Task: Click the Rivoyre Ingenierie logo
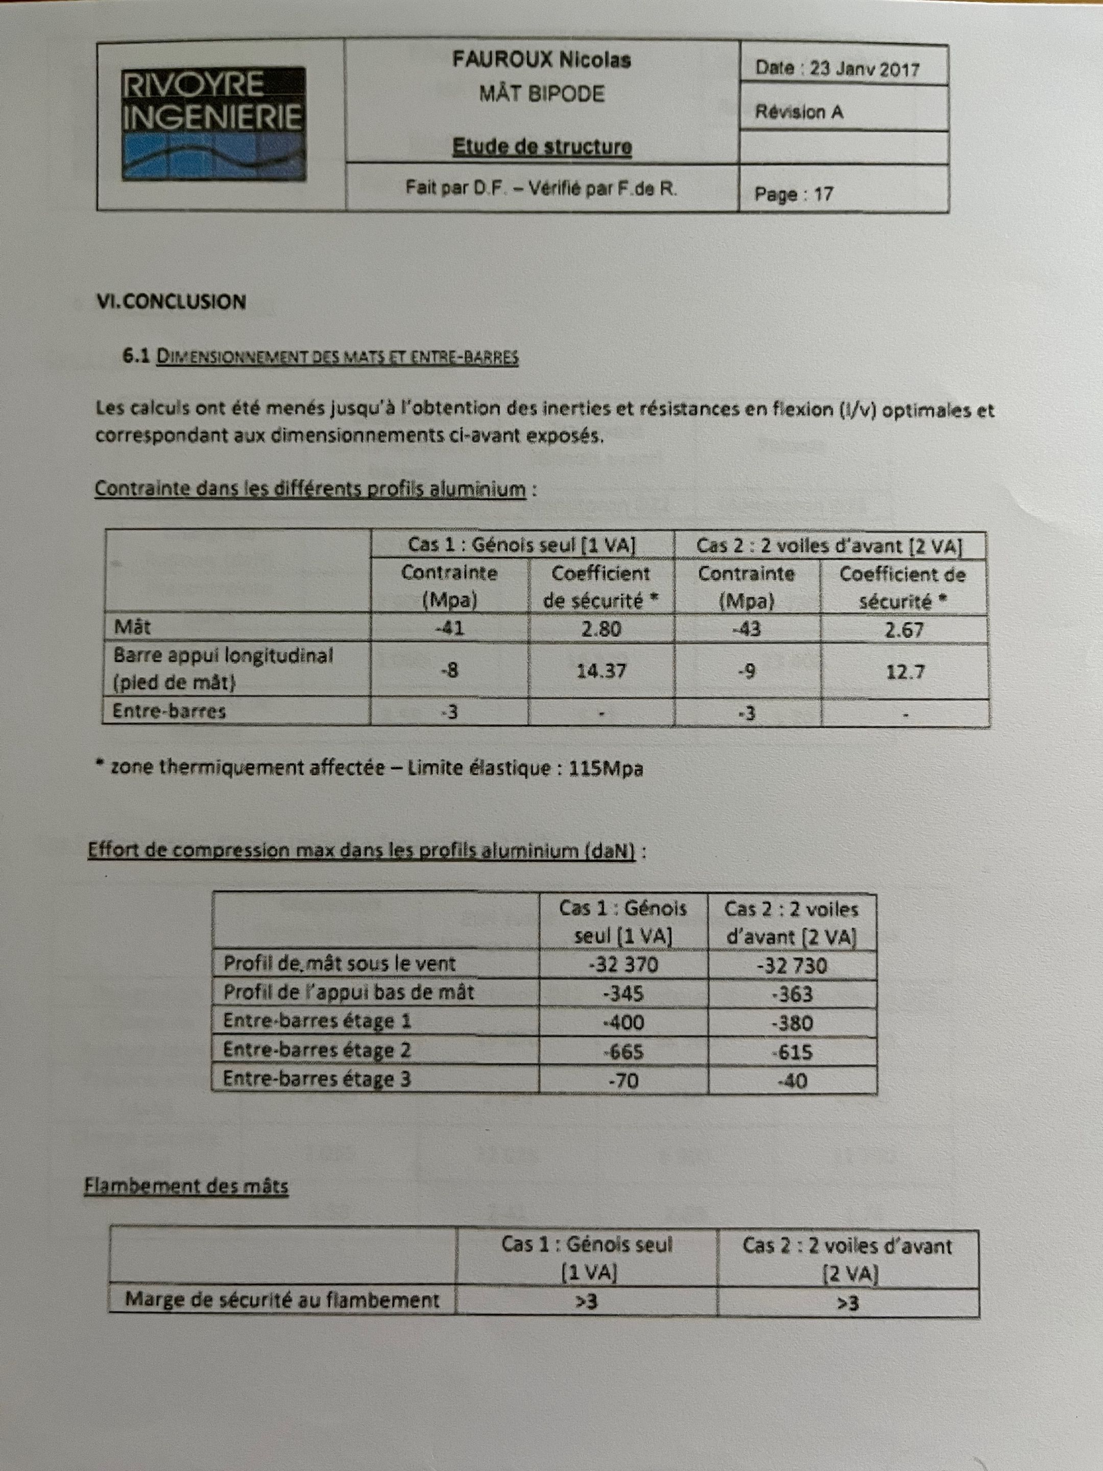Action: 213,124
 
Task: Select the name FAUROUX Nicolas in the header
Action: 541,60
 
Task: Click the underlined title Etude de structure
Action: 542,147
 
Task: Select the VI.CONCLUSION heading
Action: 172,302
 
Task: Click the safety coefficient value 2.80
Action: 601,628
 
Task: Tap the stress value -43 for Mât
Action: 747,628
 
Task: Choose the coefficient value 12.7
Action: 905,672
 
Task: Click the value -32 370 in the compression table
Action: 624,964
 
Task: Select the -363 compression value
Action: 792,994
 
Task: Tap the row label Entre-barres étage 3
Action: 317,1079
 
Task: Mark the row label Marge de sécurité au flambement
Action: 282,1300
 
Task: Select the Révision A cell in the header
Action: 799,112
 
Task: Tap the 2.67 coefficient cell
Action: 903,630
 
